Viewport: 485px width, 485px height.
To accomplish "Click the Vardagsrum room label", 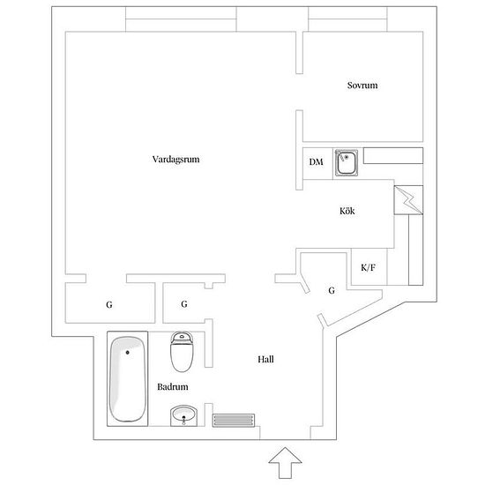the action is (175, 160).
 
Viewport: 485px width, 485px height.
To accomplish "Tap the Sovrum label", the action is (362, 85).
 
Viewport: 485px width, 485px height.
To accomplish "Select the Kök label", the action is (347, 211).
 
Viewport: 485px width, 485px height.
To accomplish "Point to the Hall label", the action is (265, 359).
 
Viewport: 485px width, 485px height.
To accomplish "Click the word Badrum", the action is (173, 386).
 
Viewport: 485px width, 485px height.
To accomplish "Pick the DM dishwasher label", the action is (316, 161).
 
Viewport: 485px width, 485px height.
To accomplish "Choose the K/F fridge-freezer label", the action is (368, 267).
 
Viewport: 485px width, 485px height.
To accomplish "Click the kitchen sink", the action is (347, 162).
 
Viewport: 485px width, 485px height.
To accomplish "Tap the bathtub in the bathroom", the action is (128, 379).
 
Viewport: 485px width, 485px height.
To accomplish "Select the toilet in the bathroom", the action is (182, 352).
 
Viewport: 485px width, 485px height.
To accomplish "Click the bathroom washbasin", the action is (183, 415).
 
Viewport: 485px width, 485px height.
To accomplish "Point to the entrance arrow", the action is (285, 462).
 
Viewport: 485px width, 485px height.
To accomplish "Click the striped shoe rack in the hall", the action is (234, 421).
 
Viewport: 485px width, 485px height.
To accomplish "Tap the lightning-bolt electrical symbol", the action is (408, 200).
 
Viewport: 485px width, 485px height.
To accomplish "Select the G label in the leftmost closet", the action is (108, 305).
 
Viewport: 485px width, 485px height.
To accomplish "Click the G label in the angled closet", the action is (332, 290).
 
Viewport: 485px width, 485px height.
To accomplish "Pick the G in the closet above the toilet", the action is (184, 304).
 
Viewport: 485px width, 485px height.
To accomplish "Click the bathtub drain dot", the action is (128, 353).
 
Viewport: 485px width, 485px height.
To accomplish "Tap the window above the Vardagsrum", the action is (181, 19).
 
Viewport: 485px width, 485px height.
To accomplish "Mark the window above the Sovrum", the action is (347, 19).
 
